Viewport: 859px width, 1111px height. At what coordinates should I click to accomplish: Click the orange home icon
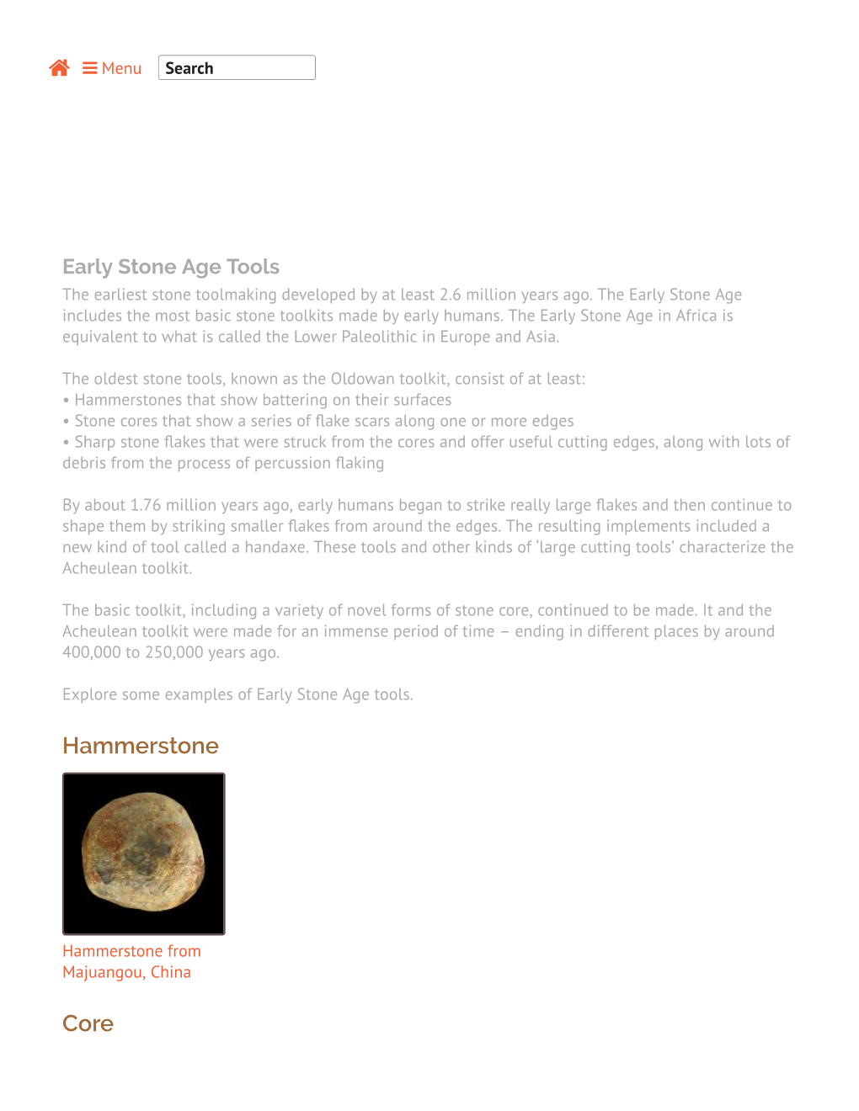(x=59, y=68)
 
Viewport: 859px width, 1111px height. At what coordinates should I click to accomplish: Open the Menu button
(x=112, y=68)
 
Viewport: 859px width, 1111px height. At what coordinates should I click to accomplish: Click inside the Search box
(x=237, y=68)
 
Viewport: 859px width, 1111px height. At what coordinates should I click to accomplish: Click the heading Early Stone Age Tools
(x=171, y=267)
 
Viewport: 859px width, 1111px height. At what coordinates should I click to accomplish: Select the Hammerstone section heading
(x=141, y=746)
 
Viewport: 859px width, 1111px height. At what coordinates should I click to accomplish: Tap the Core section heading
(x=88, y=1023)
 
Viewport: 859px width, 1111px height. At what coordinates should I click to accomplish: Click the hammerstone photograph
(x=144, y=853)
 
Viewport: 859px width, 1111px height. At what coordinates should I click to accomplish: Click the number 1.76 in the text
(x=146, y=505)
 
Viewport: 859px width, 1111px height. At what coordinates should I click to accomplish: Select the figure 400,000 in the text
(x=92, y=652)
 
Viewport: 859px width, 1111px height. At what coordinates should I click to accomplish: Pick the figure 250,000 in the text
(x=174, y=652)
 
